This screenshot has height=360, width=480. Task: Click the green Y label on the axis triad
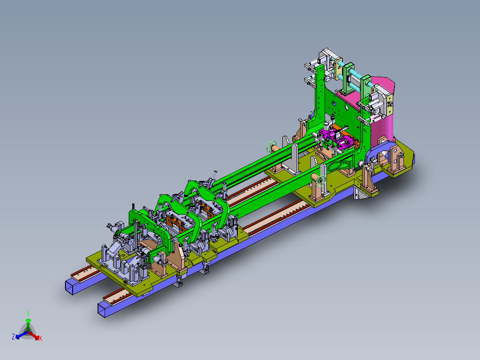(28, 313)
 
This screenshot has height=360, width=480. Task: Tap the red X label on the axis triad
(41, 338)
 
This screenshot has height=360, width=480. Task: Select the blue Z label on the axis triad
(13, 337)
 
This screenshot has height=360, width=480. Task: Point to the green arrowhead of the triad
(28, 320)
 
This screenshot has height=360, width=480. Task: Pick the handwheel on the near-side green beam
(321, 181)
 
